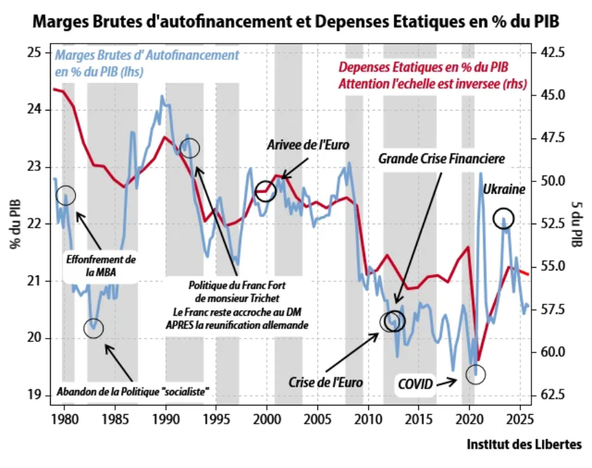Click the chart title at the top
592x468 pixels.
point(295,21)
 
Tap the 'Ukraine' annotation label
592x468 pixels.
point(504,190)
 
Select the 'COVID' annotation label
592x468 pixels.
point(416,384)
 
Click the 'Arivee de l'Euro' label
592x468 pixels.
point(308,145)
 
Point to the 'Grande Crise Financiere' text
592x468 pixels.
point(442,158)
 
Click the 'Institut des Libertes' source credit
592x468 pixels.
point(524,445)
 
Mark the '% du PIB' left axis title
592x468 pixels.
point(14,224)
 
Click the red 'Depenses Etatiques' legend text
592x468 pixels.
point(433,75)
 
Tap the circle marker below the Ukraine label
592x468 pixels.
point(504,218)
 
